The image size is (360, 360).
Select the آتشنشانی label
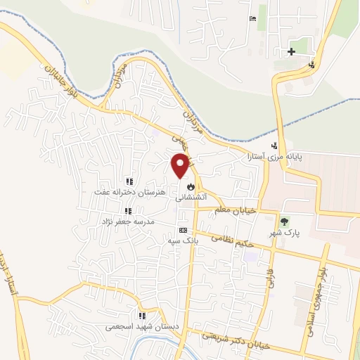(191, 198)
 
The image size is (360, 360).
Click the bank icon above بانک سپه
(184, 230)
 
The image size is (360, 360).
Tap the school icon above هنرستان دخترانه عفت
(128, 181)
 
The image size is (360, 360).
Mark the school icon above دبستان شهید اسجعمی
(142, 316)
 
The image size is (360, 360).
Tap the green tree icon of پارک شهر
(285, 221)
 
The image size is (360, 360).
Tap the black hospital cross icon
(290, 52)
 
